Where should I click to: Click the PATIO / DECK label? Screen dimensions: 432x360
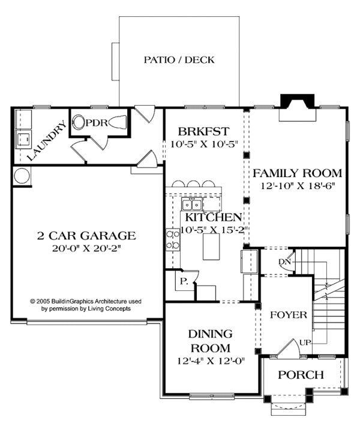click(179, 60)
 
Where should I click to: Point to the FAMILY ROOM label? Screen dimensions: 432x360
click(297, 173)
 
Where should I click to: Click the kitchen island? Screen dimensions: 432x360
click(212, 247)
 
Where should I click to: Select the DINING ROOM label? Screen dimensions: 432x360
click(210, 341)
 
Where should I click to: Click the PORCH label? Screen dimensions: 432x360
click(302, 375)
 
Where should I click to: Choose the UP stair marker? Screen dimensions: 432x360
click(304, 343)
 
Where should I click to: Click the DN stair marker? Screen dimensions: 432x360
click(285, 262)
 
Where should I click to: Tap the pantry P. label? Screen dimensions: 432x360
click(182, 281)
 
